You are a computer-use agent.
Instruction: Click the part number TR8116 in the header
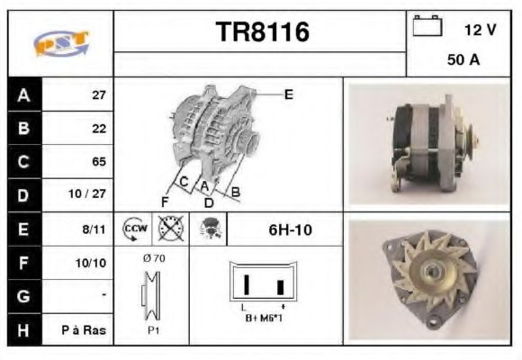(262, 32)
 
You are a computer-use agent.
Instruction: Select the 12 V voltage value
(480, 30)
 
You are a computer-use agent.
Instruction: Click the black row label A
(22, 94)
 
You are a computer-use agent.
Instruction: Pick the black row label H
(22, 329)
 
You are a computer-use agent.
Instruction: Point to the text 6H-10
(290, 229)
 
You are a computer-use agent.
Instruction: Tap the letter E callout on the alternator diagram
(289, 94)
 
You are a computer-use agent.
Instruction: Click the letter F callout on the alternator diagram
(165, 201)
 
